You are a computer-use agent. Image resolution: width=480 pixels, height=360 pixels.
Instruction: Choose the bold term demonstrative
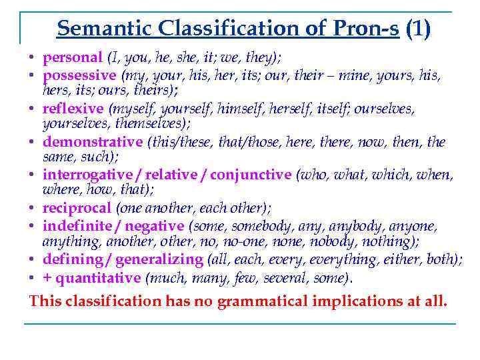pyautogui.click(x=93, y=141)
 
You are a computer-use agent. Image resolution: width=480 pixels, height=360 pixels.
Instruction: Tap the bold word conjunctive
pyautogui.click(x=251, y=175)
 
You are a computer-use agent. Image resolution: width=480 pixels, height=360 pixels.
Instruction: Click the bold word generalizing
pyautogui.click(x=163, y=259)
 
